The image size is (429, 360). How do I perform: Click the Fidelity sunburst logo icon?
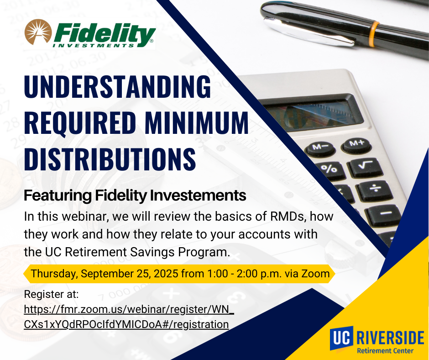[x=38, y=33]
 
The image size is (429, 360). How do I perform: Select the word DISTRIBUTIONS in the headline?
[x=110, y=158]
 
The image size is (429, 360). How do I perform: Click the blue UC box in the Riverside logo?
[x=341, y=338]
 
